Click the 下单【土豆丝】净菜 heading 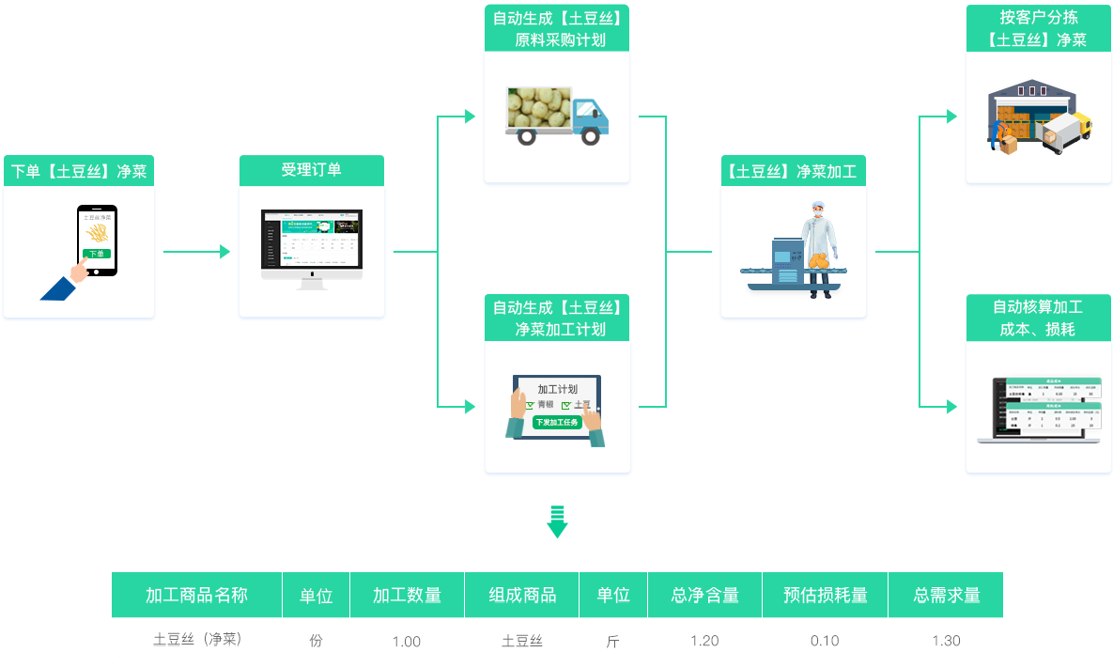click(x=79, y=171)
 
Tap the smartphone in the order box click(x=97, y=241)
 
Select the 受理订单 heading click(x=311, y=170)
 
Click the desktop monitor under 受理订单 click(x=311, y=245)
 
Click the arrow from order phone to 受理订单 click(x=195, y=252)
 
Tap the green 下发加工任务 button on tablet click(x=557, y=422)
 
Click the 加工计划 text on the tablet click(x=557, y=389)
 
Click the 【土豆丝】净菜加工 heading click(x=793, y=171)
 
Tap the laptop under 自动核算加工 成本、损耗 click(x=1039, y=410)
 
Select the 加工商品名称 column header click(x=196, y=595)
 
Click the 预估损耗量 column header click(x=825, y=595)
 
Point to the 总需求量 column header click(x=946, y=595)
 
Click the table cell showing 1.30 click(x=946, y=641)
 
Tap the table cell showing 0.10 click(x=825, y=641)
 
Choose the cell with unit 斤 click(x=612, y=642)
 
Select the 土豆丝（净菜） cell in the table click(x=197, y=640)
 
